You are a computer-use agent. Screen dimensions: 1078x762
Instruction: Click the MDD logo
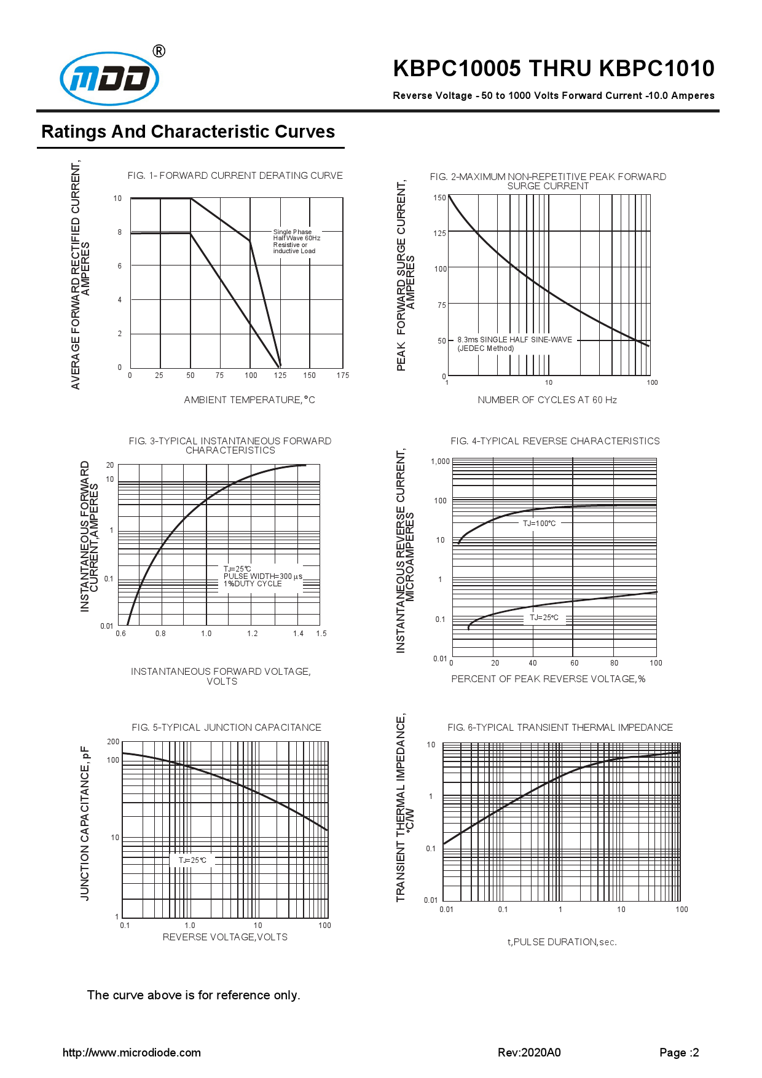click(x=109, y=79)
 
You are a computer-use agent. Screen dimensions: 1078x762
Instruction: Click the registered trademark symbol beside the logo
click(x=159, y=51)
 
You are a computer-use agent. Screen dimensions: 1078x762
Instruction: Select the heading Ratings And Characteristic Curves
click(x=188, y=132)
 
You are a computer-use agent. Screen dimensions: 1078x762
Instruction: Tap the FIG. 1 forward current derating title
click(x=235, y=176)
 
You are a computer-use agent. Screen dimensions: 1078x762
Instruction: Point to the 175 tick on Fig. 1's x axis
click(x=342, y=376)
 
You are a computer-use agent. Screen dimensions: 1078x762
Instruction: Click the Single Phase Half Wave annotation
click(x=296, y=242)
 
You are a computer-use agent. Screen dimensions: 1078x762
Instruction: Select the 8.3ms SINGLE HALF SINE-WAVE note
click(x=514, y=340)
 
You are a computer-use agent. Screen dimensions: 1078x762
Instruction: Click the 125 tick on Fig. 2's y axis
click(x=439, y=234)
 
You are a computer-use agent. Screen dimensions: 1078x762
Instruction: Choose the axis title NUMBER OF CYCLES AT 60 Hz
click(x=547, y=400)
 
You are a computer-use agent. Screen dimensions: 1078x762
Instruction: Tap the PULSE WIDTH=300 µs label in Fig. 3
click(x=262, y=576)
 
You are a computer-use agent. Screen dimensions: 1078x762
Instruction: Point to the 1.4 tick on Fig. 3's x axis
click(x=298, y=634)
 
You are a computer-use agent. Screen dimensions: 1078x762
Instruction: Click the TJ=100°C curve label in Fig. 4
click(x=539, y=524)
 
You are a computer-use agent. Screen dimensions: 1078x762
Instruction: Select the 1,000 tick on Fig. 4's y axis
click(x=440, y=462)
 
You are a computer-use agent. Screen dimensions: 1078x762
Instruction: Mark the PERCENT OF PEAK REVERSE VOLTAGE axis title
click(x=548, y=679)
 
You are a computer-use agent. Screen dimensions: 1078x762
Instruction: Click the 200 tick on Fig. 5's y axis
click(x=113, y=742)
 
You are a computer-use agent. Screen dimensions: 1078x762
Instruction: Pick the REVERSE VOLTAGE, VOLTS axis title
click(x=225, y=937)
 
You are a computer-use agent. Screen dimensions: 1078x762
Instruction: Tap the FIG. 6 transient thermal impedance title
click(x=560, y=728)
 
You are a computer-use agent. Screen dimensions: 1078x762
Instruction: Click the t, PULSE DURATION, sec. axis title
click(x=562, y=942)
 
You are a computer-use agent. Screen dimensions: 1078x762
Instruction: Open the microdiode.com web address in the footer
click(x=132, y=1053)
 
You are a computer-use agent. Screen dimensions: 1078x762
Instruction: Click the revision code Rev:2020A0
click(x=529, y=1053)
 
